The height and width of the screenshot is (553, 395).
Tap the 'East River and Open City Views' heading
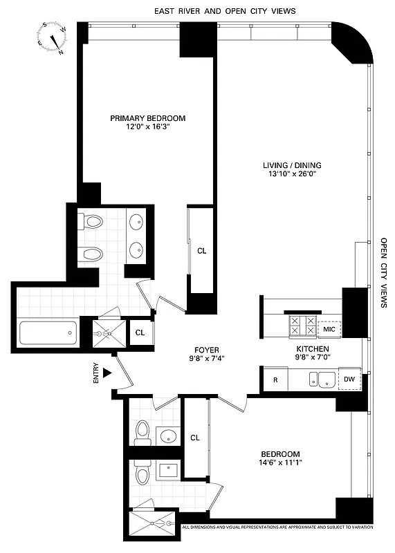pyautogui.click(x=226, y=11)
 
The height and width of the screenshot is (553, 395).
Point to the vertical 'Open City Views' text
pyautogui.click(x=384, y=273)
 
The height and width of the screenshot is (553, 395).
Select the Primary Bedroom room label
pyautogui.click(x=147, y=118)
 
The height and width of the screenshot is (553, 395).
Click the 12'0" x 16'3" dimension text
pyautogui.click(x=147, y=128)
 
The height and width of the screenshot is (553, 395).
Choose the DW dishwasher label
pyautogui.click(x=349, y=379)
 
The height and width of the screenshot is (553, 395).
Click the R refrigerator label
pyautogui.click(x=275, y=379)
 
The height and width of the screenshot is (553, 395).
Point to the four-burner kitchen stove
pyautogui.click(x=302, y=325)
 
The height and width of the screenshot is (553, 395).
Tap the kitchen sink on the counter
pyautogui.click(x=322, y=379)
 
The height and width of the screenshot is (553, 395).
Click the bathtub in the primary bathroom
pyautogui.click(x=47, y=334)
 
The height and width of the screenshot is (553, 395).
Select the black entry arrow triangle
pyautogui.click(x=107, y=373)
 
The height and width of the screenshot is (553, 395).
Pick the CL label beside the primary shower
pyautogui.click(x=140, y=332)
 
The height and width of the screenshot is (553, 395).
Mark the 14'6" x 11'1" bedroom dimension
pyautogui.click(x=281, y=462)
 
